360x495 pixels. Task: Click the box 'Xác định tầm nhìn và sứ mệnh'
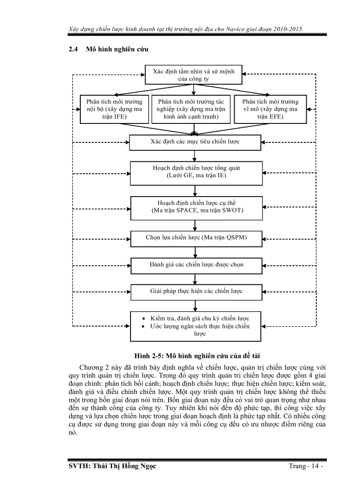[x=194, y=75]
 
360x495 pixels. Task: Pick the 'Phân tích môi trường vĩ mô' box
[x=270, y=109]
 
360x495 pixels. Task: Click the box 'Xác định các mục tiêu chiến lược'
[x=195, y=142]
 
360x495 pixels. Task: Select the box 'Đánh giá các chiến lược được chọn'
[x=196, y=265]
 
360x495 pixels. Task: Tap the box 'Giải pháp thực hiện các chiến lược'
[x=196, y=291]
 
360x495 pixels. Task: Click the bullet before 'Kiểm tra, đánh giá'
[x=144, y=318]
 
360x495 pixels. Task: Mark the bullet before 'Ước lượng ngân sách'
[x=144, y=326]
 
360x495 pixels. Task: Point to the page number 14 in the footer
[x=314, y=466]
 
